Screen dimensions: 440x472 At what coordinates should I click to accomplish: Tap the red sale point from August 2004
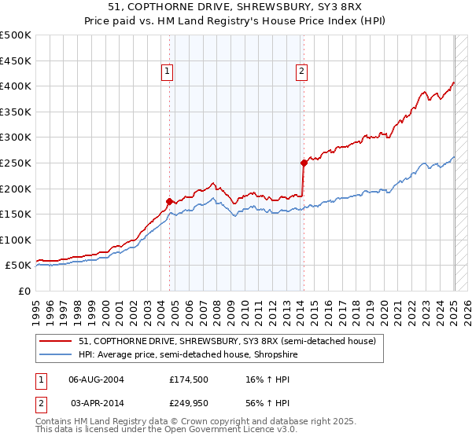[x=170, y=201]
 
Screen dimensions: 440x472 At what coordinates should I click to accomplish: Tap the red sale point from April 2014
[x=304, y=163]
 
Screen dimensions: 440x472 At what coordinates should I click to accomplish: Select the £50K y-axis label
[x=19, y=266]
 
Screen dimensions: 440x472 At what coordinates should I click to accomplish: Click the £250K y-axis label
[x=16, y=163]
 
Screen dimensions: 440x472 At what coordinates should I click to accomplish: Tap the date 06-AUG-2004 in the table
[x=96, y=379]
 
